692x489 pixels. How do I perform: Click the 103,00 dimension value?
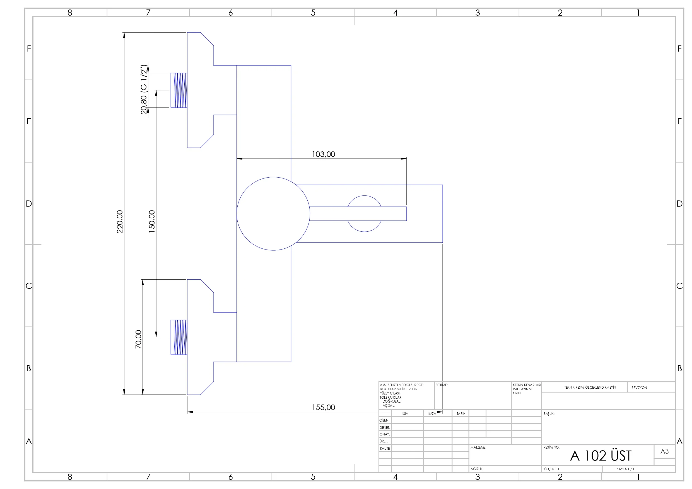point(323,154)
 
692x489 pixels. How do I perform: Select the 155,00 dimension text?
point(323,407)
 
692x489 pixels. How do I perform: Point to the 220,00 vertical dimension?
point(120,222)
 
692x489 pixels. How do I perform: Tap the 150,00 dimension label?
point(152,221)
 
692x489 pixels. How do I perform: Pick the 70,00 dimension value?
point(138,340)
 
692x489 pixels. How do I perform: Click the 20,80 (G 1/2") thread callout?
point(144,89)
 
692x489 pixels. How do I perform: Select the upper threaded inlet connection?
point(179,90)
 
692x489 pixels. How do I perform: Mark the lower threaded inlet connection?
point(179,337)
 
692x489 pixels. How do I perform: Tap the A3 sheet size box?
point(665,451)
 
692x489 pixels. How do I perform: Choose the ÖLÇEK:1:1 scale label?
point(551,469)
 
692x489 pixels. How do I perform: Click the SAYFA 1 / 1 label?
point(625,469)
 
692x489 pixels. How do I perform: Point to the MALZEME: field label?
point(478,447)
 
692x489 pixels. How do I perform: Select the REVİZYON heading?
point(639,388)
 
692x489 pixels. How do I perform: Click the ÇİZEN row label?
point(384,420)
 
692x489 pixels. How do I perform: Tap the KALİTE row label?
point(385,448)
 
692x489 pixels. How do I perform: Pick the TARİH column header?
point(461,414)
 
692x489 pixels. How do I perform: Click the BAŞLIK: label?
point(549,414)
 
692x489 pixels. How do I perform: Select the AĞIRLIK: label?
point(477,469)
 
